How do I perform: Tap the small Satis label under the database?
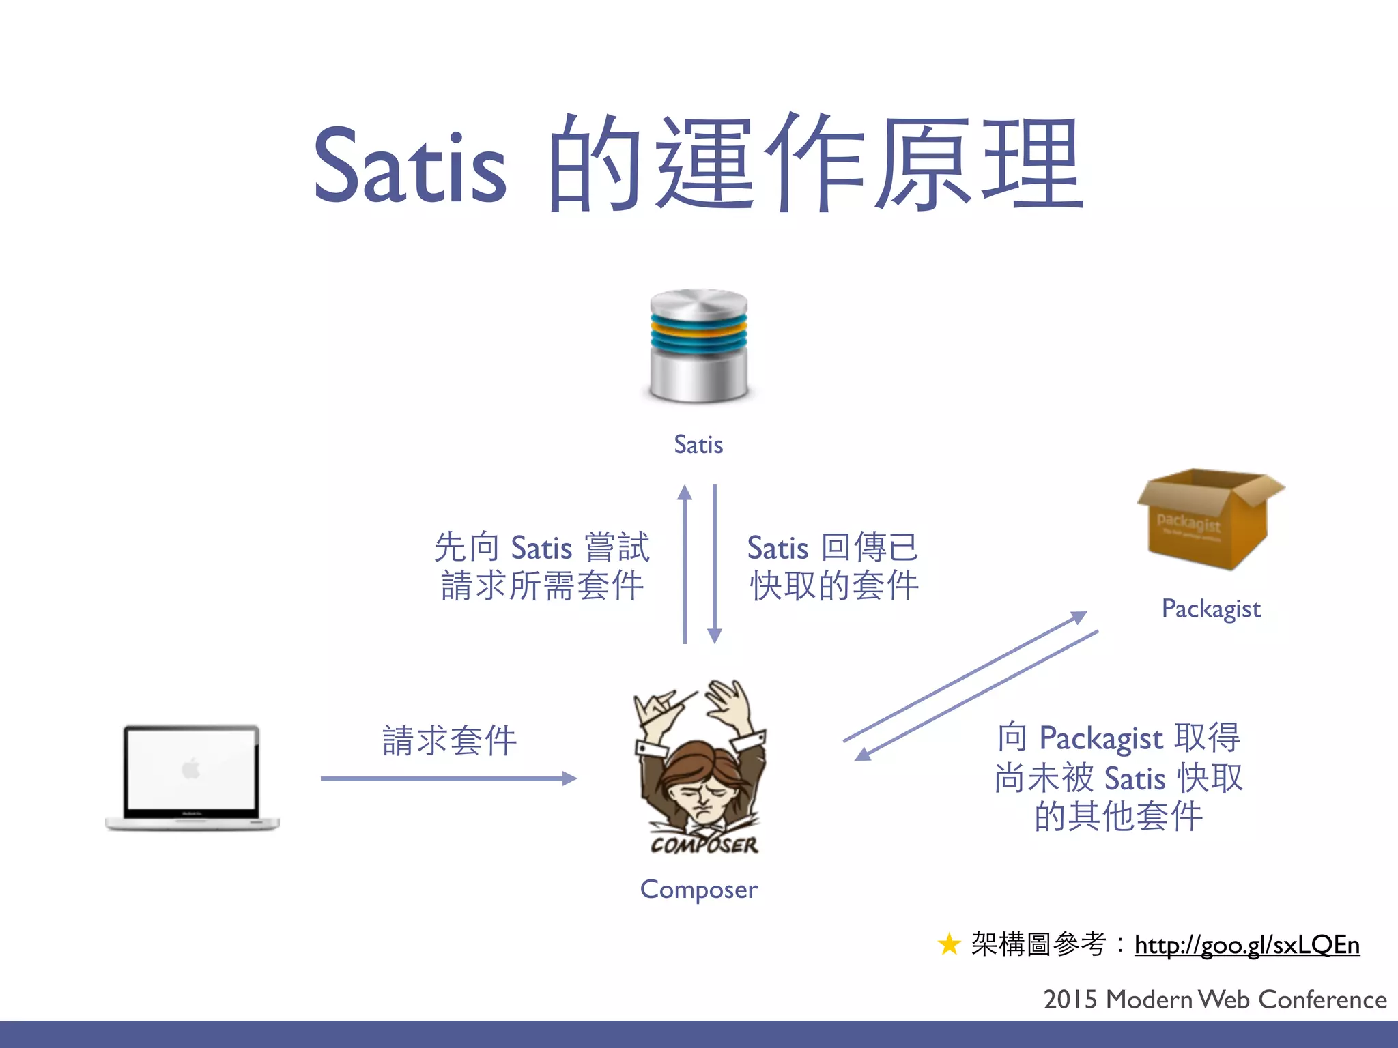coord(698,445)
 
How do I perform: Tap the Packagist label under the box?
coord(1211,609)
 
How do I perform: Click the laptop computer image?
coord(192,778)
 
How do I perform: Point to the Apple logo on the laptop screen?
coord(191,769)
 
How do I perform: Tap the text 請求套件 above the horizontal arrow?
coord(449,741)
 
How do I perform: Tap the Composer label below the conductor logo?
coord(698,890)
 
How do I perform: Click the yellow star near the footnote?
coord(949,945)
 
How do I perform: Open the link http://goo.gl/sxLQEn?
coord(1246,945)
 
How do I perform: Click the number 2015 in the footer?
coord(1070,1000)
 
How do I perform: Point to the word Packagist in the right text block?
coord(1100,739)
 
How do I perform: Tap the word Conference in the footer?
coord(1322,1000)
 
